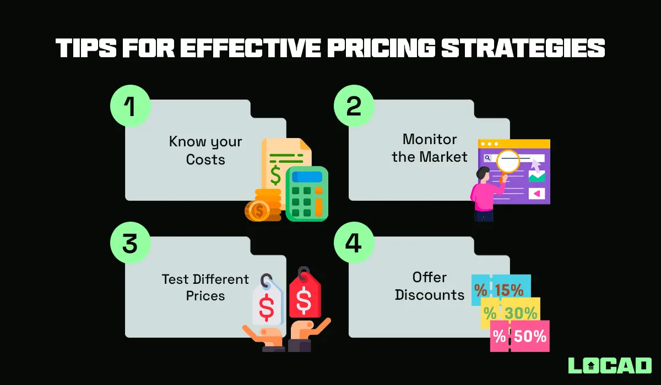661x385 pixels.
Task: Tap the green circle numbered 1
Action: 129,106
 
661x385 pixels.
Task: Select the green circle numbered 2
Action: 354,106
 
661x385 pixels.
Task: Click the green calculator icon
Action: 307,194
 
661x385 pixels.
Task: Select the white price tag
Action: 267,306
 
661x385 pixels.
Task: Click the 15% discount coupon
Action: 501,290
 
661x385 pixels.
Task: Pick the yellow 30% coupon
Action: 511,313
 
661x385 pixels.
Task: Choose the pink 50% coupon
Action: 520,336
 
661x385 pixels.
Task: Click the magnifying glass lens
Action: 508,161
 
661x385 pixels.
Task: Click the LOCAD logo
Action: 609,366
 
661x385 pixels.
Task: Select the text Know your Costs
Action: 205,151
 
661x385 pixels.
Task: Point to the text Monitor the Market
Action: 430,148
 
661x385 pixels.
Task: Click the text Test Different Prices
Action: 205,287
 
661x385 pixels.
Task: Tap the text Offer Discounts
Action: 430,286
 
